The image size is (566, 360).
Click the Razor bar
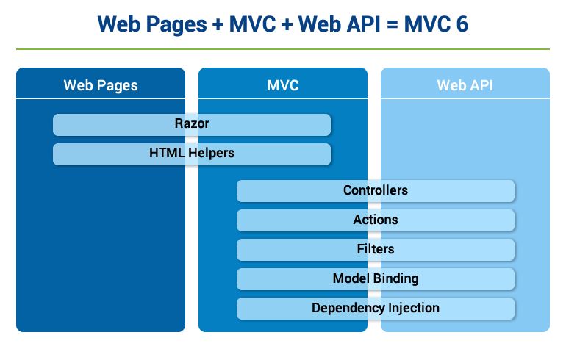point(192,124)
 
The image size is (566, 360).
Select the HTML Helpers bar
point(192,154)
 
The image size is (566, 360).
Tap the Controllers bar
point(376,191)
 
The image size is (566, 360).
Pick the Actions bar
point(376,220)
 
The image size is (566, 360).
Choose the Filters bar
point(376,249)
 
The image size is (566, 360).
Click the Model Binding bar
point(376,278)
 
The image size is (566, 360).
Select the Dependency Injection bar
point(376,308)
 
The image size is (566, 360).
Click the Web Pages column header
point(101,85)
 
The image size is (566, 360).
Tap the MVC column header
point(283,85)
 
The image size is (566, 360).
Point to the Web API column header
point(465,85)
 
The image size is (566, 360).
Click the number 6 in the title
point(462,24)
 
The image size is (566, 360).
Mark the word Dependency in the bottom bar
point(344,308)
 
